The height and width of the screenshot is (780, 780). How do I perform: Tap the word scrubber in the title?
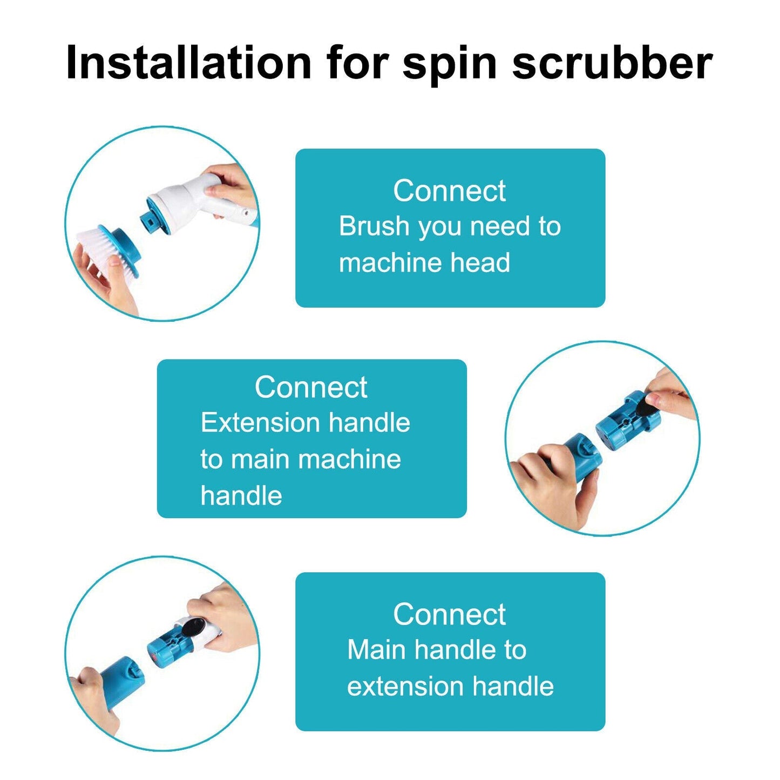(612, 63)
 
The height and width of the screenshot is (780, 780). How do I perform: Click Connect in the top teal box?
(449, 191)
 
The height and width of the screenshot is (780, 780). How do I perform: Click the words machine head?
(424, 263)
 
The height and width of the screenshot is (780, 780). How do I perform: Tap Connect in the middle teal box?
(311, 387)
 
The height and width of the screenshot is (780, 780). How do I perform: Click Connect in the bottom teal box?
(449, 614)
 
